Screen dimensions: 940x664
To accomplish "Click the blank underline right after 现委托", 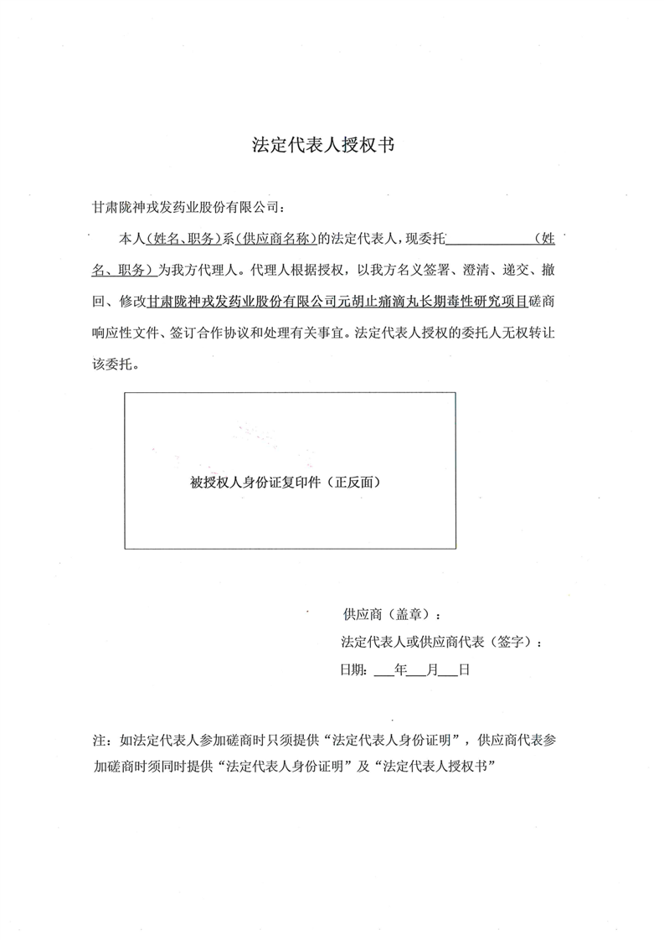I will pyautogui.click(x=490, y=240).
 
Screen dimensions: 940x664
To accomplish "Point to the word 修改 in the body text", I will pyautogui.click(x=135, y=301).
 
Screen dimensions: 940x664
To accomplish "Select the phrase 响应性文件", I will pyautogui.click(x=121, y=331).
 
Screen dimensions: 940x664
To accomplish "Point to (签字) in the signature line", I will pyautogui.click(x=512, y=643).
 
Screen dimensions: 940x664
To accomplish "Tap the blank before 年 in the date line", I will pyautogui.click(x=384, y=671).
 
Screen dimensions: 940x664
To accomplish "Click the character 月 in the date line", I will pyautogui.click(x=431, y=671).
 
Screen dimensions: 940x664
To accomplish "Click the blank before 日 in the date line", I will pyautogui.click(x=448, y=671).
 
